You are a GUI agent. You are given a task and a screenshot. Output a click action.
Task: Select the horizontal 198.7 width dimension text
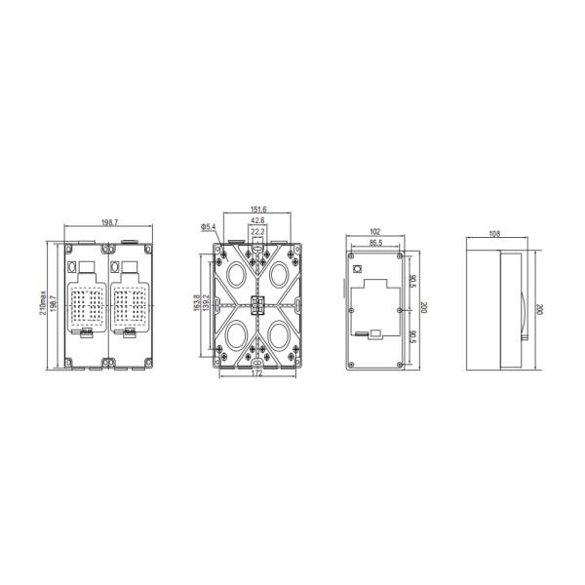[109, 223]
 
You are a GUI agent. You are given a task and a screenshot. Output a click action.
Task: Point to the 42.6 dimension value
[257, 221]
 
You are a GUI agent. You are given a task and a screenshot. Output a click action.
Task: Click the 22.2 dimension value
[257, 232]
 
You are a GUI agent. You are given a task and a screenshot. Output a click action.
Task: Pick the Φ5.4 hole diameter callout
[208, 227]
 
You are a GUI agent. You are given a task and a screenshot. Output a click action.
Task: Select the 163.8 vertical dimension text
[198, 304]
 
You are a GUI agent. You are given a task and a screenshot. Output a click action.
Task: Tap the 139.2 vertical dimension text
[207, 304]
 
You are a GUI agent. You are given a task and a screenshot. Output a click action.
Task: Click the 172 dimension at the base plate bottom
[257, 373]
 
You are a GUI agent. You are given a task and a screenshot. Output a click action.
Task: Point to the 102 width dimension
[375, 232]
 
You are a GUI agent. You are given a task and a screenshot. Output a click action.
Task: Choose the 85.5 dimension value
[374, 243]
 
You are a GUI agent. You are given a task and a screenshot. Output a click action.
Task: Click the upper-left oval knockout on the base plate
[235, 273]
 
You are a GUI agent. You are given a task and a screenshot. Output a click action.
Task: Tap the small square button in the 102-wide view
[358, 268]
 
